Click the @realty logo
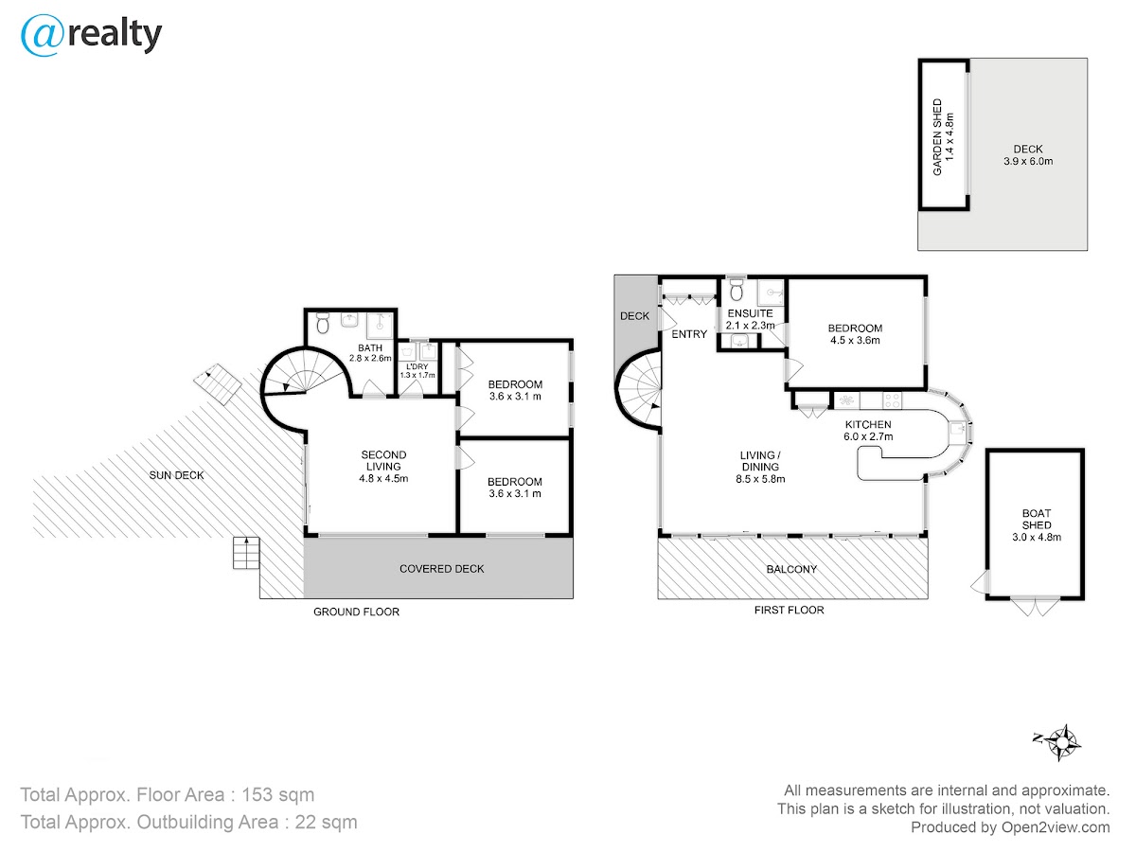click(x=91, y=35)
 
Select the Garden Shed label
click(x=943, y=137)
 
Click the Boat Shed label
click(x=1036, y=525)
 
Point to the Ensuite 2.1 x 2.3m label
click(x=750, y=319)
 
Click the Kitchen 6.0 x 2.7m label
click(x=868, y=431)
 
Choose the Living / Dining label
click(x=760, y=467)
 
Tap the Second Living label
click(x=383, y=467)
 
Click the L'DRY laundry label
click(x=417, y=370)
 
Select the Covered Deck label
click(x=441, y=569)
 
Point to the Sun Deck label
click(x=176, y=475)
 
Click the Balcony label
click(x=791, y=569)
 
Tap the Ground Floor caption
click(x=356, y=612)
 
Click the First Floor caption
click(x=789, y=610)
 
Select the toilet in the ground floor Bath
click(x=323, y=324)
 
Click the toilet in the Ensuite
click(x=736, y=291)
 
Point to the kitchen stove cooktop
click(x=893, y=400)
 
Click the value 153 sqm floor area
click(x=278, y=794)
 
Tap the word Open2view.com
click(x=1056, y=827)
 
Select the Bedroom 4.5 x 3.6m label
click(x=855, y=334)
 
